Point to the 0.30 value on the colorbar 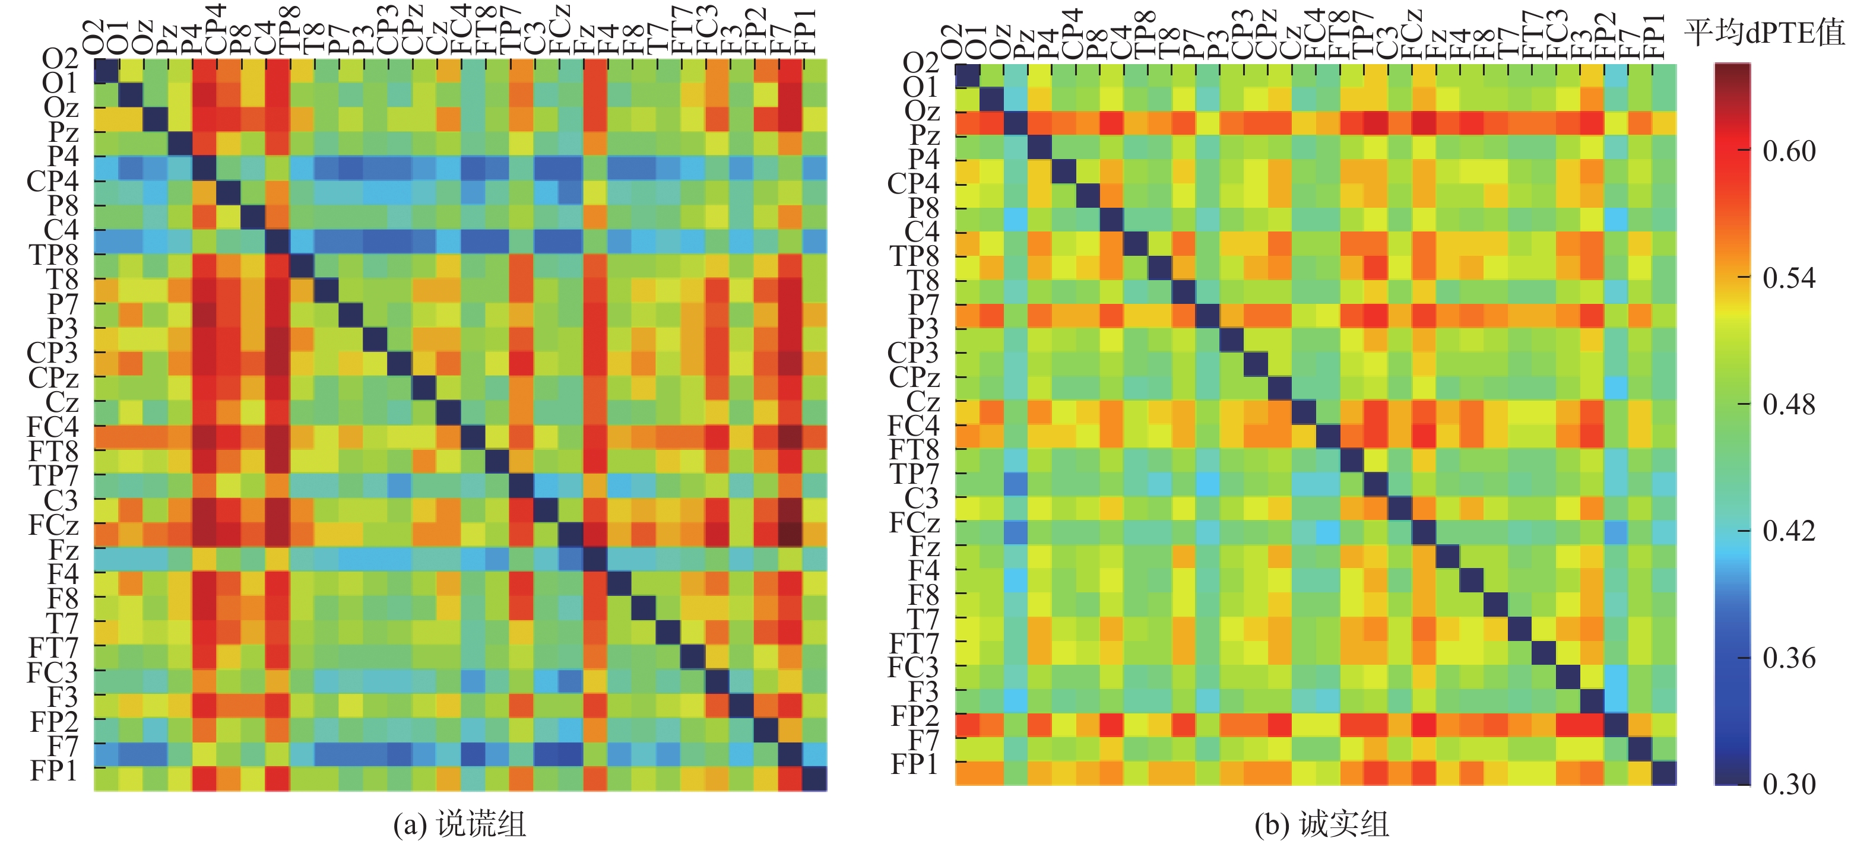click(x=1789, y=784)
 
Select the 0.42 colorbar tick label click(x=1789, y=531)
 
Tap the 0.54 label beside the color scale click(x=1789, y=278)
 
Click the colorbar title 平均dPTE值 click(x=1763, y=33)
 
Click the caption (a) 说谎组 click(x=459, y=824)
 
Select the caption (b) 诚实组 click(x=1321, y=824)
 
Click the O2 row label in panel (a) click(x=59, y=59)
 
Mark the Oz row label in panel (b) click(x=922, y=110)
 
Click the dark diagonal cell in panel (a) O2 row click(x=107, y=72)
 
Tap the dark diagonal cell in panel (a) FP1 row click(x=814, y=779)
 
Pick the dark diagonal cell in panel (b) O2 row click(x=967, y=75)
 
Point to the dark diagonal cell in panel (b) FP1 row click(x=1664, y=773)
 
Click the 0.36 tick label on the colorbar click(x=1789, y=658)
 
